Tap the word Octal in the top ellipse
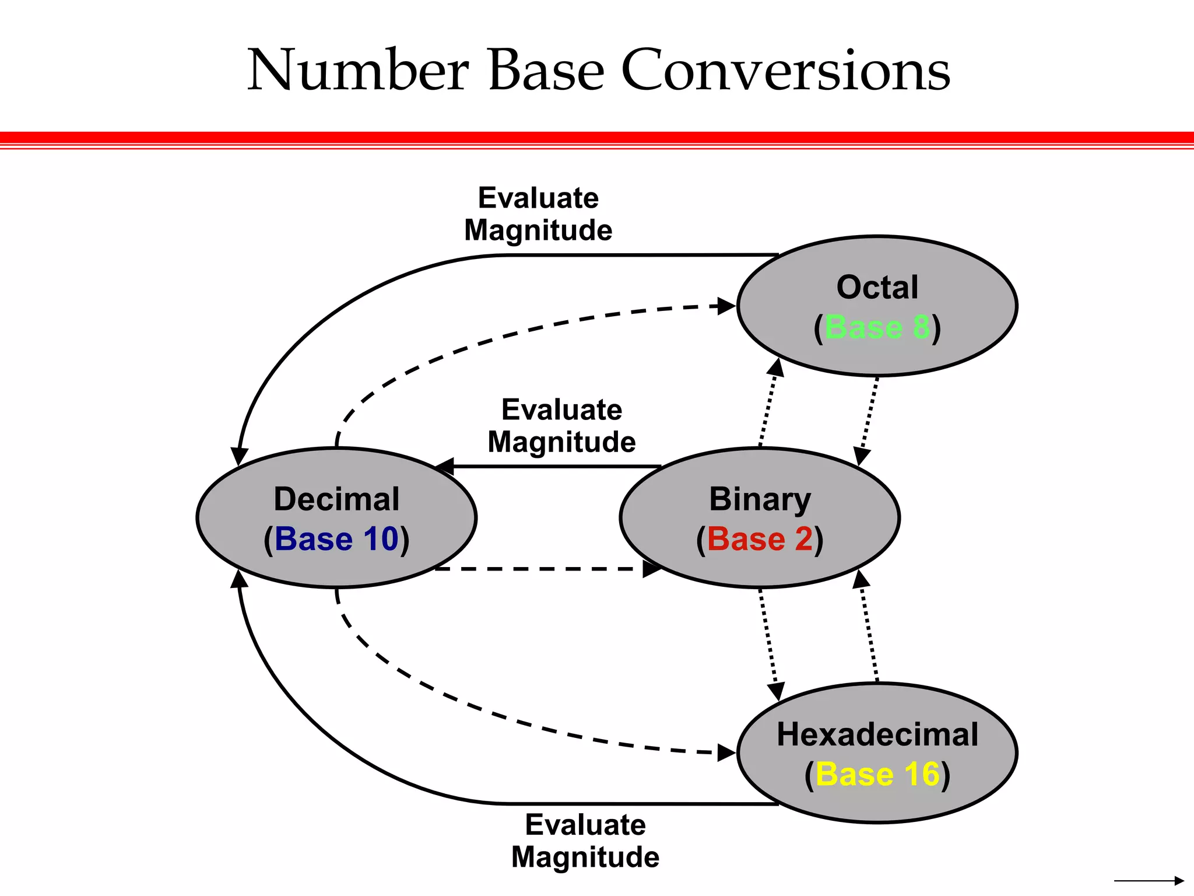click(x=877, y=288)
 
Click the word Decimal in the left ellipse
click(x=336, y=499)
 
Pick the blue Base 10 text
click(x=336, y=538)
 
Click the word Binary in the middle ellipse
click(x=760, y=499)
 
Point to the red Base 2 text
click(x=760, y=538)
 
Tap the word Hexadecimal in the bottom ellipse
click(x=877, y=734)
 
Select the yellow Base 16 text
click(x=877, y=774)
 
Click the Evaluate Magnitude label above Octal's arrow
click(x=538, y=214)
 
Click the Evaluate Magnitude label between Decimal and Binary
click(x=561, y=426)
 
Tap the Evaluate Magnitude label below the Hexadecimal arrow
click(x=585, y=841)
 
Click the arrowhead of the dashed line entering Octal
click(x=726, y=306)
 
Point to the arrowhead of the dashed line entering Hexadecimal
click(x=726, y=753)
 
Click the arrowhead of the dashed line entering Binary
click(x=652, y=569)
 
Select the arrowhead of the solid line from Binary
click(x=445, y=467)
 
